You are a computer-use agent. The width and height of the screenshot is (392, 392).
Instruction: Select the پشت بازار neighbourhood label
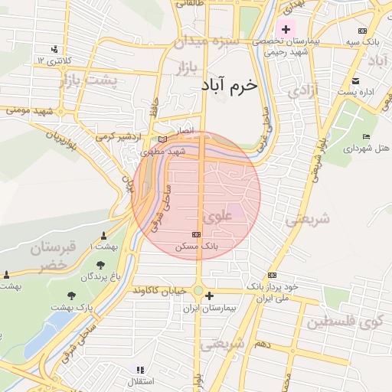(112, 80)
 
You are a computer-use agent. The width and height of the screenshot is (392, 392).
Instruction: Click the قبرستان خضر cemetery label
(54, 256)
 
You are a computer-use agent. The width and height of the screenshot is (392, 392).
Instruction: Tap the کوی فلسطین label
(349, 322)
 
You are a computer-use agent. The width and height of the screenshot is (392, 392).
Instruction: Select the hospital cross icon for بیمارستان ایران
(209, 295)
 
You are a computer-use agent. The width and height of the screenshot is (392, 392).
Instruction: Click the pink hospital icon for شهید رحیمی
(286, 30)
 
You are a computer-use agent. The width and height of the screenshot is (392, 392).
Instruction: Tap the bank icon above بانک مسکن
(197, 234)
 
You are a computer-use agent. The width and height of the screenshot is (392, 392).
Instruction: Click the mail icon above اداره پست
(355, 81)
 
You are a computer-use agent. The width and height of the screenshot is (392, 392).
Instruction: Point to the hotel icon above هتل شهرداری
(366, 136)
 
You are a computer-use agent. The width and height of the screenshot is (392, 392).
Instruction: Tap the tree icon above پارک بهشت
(71, 295)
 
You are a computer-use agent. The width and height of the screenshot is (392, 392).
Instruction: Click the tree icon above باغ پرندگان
(100, 265)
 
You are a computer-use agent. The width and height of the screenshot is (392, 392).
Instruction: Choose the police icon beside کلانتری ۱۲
(54, 47)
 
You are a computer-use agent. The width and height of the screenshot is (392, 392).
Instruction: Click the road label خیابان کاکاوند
(159, 291)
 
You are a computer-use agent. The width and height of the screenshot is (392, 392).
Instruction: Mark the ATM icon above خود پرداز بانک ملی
(272, 276)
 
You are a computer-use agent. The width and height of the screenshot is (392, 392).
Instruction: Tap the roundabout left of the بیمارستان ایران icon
(198, 291)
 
